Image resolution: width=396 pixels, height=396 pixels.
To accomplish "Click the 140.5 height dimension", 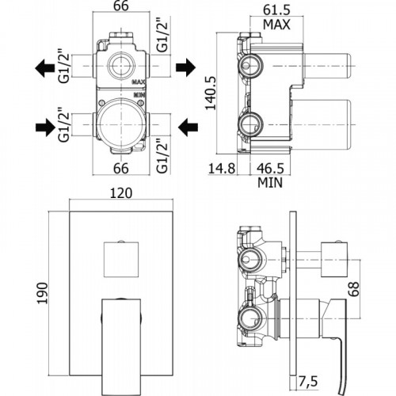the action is pos(211,93).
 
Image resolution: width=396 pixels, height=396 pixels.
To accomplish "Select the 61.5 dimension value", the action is pos(276,10).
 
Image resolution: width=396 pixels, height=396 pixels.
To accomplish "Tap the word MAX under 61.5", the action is pos(276,25).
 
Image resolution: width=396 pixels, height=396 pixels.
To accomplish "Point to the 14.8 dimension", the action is pos(222,168).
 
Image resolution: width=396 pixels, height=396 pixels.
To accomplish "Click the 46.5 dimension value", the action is pos(270,168).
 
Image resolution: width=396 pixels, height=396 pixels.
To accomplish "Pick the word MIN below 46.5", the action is pos(270,182).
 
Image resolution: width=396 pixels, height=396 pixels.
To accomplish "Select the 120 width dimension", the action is pos(121,193).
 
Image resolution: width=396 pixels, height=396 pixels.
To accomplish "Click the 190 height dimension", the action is pos(42,293).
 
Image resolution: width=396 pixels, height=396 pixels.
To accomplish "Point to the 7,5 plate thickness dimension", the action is pos(308,381).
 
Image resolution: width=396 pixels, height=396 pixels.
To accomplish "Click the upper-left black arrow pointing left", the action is pos(44,68).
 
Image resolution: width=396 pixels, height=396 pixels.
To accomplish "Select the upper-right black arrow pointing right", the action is pos(185,67).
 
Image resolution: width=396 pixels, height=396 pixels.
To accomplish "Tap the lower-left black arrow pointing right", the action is pos(45,128).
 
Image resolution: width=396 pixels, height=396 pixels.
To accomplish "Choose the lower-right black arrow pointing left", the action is pos(188,128).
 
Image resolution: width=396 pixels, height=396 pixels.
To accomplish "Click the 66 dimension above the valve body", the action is pos(121,6).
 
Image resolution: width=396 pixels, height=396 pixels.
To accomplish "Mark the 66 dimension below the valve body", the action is pos(121,168).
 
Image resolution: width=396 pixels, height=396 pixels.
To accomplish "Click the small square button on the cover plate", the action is pos(121,259).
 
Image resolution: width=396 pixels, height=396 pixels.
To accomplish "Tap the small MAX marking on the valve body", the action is pos(139,82).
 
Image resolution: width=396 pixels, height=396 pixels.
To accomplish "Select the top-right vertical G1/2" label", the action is pos(162,36).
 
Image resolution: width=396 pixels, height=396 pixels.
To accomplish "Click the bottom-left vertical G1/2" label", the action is pos(64,125).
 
